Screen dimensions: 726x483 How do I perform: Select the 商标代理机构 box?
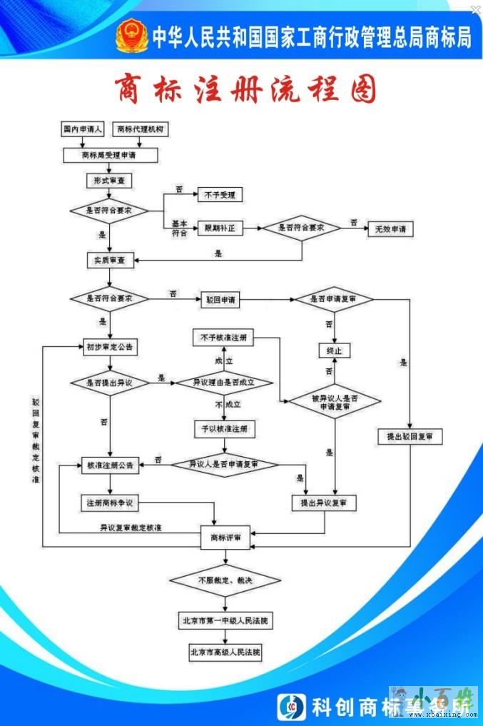(140, 130)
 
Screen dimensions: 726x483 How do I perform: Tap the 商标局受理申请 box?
(109, 154)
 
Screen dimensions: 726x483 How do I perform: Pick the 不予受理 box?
(220, 194)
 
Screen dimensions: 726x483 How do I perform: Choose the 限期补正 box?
(220, 228)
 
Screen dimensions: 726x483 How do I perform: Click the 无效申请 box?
(390, 229)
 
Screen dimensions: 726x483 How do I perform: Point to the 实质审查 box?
(109, 260)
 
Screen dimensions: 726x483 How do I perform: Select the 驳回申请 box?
(220, 300)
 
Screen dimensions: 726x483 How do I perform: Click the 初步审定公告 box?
(109, 347)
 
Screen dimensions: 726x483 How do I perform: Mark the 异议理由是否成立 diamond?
(224, 383)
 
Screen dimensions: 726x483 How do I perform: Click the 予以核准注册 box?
(224, 429)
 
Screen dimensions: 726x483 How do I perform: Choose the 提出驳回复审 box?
(410, 436)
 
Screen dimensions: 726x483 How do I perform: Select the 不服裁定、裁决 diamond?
(224, 580)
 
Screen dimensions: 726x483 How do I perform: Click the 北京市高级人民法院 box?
(225, 652)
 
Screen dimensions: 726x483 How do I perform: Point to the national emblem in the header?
(132, 36)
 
